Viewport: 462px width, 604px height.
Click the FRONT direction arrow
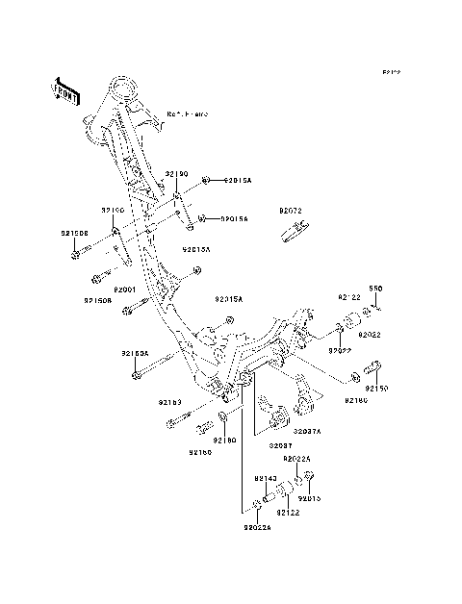pos(65,89)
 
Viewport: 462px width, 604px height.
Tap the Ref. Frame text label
pos(188,113)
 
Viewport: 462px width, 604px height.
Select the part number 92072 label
pos(291,209)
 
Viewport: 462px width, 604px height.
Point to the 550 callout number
pos(376,288)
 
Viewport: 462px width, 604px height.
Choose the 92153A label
pos(135,353)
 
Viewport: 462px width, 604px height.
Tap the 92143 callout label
pos(266,477)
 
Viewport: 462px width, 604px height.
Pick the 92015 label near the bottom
pos(309,499)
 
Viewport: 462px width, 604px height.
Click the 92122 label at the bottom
pos(290,514)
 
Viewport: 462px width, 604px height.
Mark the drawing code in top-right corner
pos(390,72)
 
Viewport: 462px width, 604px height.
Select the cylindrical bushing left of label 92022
pos(350,321)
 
